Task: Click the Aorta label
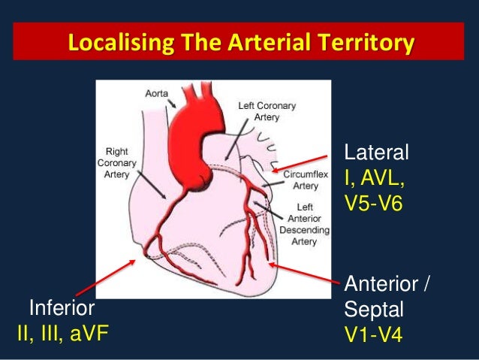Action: tap(157, 93)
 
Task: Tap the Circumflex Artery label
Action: tap(304, 180)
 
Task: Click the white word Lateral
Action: tap(375, 153)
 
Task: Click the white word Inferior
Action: tap(62, 308)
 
